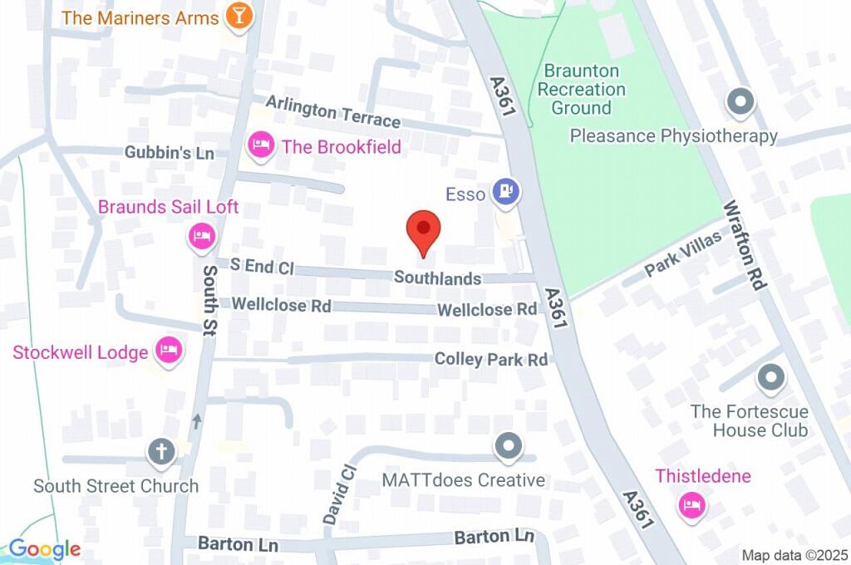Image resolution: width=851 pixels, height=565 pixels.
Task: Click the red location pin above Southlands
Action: coord(423,230)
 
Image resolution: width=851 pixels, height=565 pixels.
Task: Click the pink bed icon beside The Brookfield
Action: coord(261,146)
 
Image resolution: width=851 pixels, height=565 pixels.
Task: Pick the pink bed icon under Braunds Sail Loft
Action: coord(200,237)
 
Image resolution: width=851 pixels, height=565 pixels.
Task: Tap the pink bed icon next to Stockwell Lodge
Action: coord(169,351)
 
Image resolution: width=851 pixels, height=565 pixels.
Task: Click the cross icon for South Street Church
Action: coord(161,453)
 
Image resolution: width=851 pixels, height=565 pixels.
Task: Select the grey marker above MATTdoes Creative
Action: coord(507,447)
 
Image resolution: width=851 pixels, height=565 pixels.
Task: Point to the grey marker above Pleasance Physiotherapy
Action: coord(738,103)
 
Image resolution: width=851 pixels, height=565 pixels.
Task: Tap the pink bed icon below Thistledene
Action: coord(691,504)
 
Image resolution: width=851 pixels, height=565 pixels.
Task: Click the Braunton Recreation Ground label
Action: coord(582,89)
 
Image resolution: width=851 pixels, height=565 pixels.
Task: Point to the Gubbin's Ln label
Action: coord(170,153)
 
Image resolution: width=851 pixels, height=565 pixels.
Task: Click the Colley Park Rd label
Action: coord(491,360)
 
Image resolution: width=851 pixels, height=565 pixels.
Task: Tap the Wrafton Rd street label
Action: coord(743,245)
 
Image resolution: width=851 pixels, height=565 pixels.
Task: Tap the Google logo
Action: coord(45,549)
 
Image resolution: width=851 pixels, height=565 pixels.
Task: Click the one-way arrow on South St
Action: coord(197,421)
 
